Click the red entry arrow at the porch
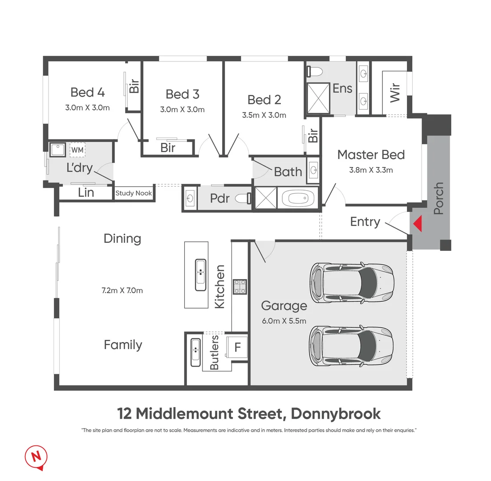pos(417,224)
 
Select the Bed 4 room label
pos(88,92)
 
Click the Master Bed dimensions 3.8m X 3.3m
pos(371,170)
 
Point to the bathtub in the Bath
pos(298,197)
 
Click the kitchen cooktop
pos(240,286)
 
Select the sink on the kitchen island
pos(200,272)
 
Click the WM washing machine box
pos(77,150)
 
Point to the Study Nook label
pos(134,193)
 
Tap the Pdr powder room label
pos(219,198)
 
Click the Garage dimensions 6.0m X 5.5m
pos(284,321)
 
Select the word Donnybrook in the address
pos(336,413)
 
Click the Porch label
pos(438,198)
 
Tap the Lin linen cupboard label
pos(85,192)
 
